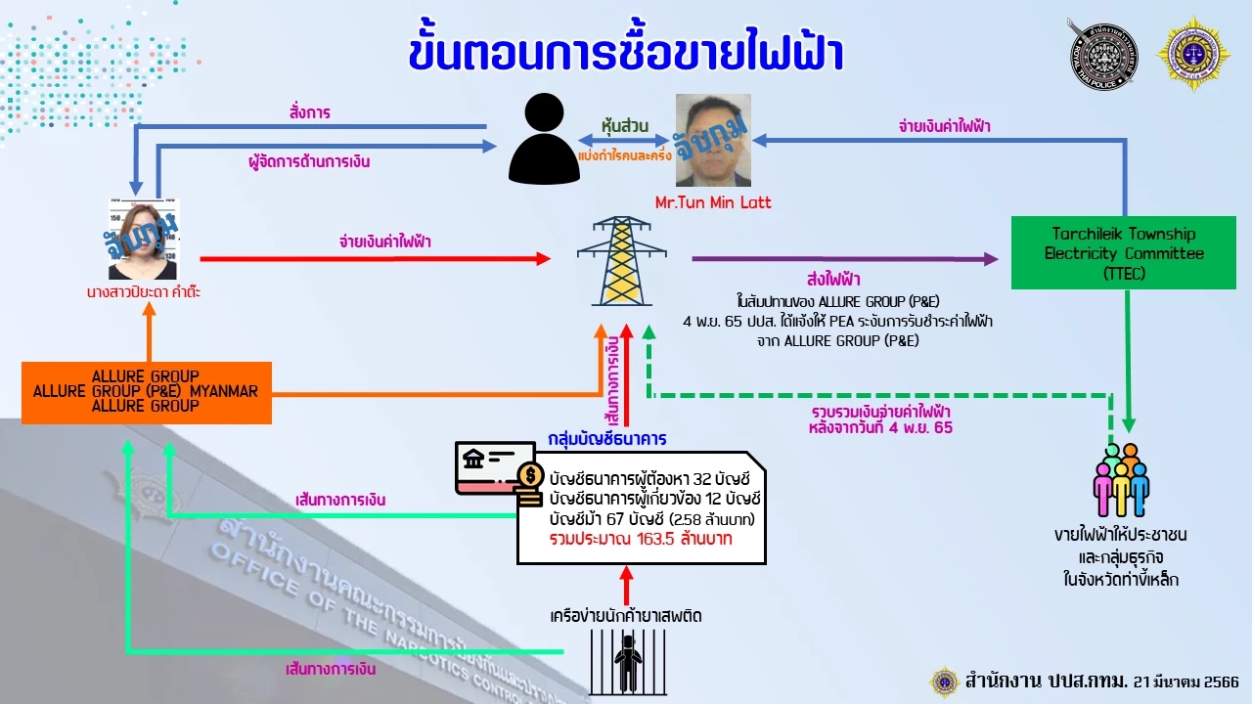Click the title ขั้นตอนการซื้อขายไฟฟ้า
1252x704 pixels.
click(626, 55)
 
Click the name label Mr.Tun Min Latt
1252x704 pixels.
click(713, 202)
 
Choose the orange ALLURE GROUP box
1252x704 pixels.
click(147, 391)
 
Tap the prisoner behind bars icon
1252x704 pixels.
click(626, 660)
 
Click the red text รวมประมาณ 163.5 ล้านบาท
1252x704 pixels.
click(641, 539)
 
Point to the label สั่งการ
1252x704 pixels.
click(309, 112)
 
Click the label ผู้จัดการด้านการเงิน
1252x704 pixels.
click(309, 161)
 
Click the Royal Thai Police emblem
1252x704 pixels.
click(1102, 54)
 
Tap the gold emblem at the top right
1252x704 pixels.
click(1192, 54)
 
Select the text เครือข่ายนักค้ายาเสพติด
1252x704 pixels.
click(626, 616)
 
